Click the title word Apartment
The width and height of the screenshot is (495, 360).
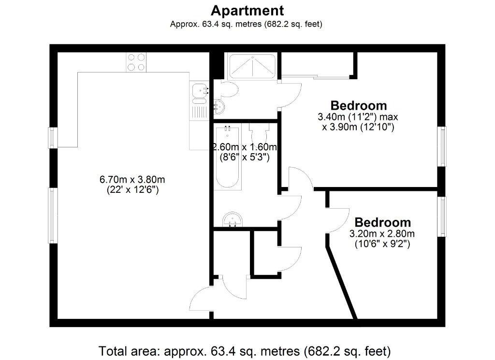point(247,10)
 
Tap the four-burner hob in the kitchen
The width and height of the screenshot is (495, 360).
point(136,62)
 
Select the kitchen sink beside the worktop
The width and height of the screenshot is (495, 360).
point(199,90)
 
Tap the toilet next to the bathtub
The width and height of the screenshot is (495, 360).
point(258,133)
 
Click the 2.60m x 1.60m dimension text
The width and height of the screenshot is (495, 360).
point(245,147)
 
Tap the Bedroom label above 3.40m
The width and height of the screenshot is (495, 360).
point(358,105)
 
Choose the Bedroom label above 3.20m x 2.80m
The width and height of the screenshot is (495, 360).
point(382,222)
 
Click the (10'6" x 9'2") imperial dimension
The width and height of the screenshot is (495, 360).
point(382,244)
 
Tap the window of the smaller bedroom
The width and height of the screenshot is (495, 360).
point(441,216)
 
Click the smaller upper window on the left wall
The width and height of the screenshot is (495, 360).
point(53,137)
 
